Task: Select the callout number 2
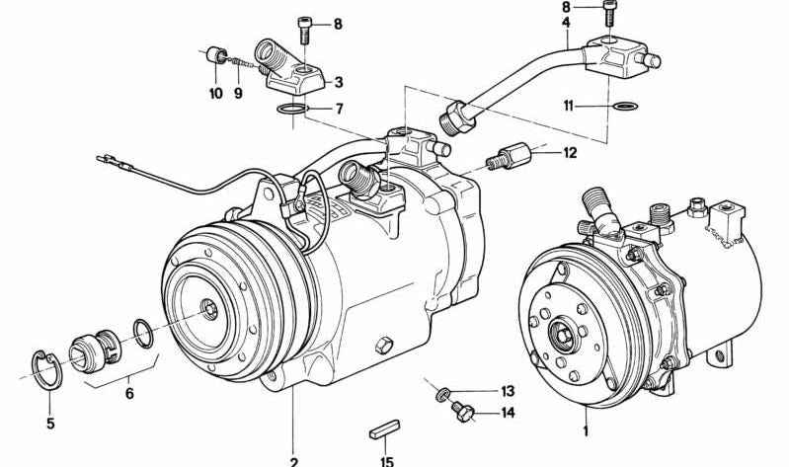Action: [293, 458]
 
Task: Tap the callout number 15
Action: [387, 459]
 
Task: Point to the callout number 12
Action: [570, 152]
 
